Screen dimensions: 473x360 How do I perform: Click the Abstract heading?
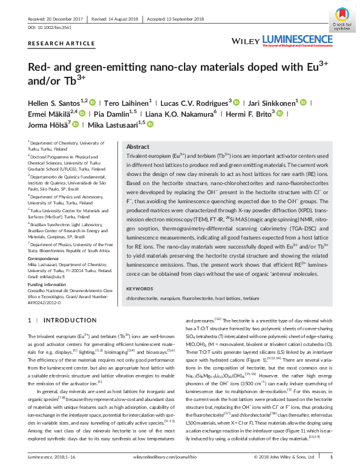click(138, 147)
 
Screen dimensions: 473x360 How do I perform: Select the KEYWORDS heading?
click(140, 289)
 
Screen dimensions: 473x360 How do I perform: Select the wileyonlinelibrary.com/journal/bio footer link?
click(180, 466)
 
